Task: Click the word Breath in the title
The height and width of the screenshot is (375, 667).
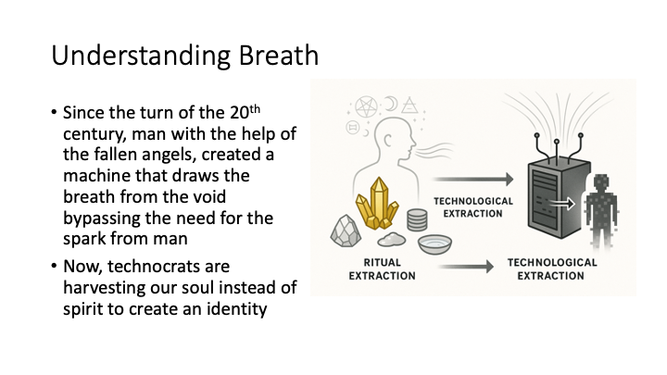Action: click(x=278, y=56)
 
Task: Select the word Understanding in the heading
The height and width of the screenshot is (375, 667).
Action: click(x=141, y=56)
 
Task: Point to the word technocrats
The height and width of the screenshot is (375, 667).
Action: click(x=169, y=267)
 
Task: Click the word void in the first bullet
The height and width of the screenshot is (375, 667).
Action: click(x=208, y=197)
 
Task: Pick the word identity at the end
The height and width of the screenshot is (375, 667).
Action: click(x=237, y=308)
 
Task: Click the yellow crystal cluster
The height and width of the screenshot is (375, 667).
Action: click(x=377, y=204)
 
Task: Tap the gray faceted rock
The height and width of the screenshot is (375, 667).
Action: click(x=346, y=231)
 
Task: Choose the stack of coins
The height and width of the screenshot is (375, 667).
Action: click(x=417, y=219)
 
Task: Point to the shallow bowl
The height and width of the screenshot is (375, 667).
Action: click(x=434, y=244)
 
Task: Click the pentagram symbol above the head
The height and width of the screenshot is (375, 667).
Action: click(x=366, y=106)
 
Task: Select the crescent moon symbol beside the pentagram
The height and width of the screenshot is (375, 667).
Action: click(x=391, y=104)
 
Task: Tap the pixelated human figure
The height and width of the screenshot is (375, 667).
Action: click(x=600, y=210)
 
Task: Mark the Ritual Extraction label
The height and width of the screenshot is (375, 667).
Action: click(x=382, y=269)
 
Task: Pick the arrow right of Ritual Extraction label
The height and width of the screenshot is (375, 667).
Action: click(x=466, y=267)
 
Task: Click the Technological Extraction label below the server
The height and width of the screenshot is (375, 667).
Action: click(x=552, y=269)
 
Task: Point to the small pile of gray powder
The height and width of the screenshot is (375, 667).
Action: click(x=391, y=240)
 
